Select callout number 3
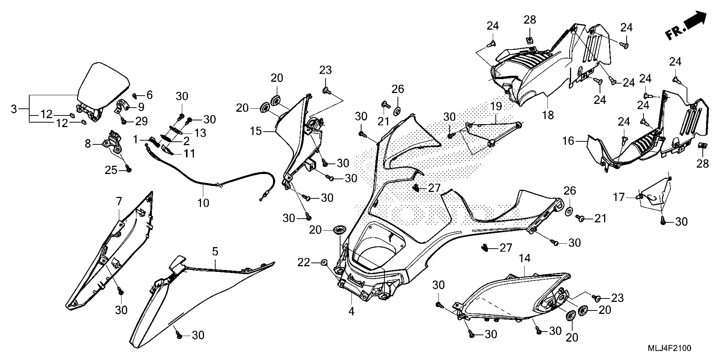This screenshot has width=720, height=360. pos(14,109)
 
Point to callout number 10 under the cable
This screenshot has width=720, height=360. pos(203,203)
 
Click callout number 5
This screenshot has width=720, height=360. pos(215,252)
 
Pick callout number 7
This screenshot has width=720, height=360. pos(119,201)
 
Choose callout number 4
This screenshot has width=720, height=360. pos(351,311)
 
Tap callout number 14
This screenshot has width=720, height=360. pos(525,258)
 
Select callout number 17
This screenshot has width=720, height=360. pos(619,197)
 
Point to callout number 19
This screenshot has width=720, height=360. pos(496,106)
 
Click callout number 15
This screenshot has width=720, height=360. pos(256,131)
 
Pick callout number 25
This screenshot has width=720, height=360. pos(111,170)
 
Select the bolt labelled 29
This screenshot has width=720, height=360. pos(123,121)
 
